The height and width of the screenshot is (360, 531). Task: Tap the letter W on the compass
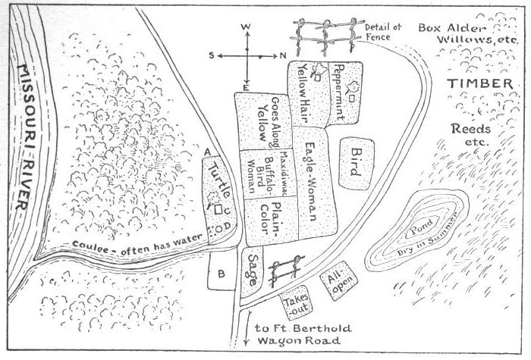(246, 27)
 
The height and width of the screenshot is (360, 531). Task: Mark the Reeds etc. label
(470, 135)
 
